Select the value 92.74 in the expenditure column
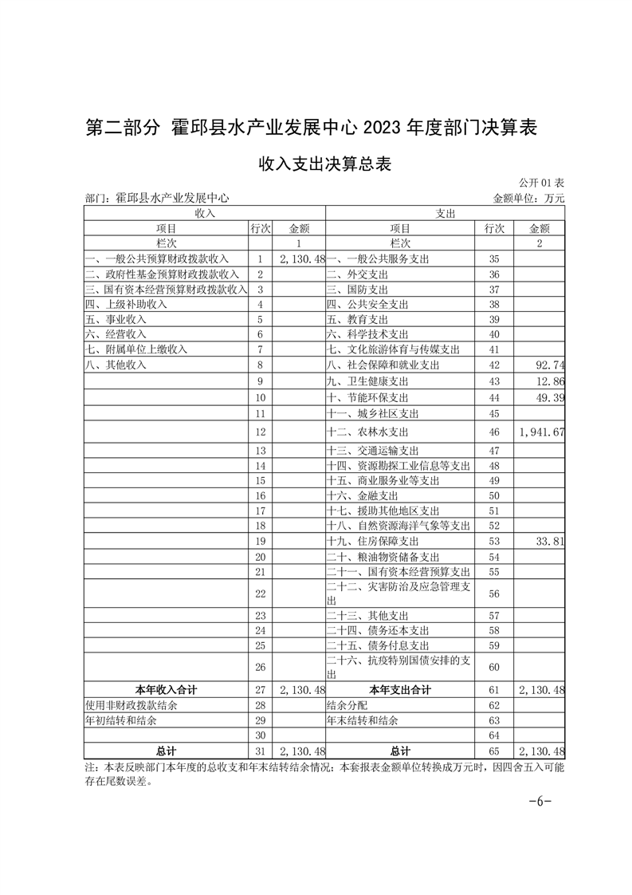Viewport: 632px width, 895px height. (551, 365)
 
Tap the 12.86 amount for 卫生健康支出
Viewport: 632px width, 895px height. (551, 381)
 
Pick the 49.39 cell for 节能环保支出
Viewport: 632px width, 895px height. (551, 397)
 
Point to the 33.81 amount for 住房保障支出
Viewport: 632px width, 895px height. (551, 539)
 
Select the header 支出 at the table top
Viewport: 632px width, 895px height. (445, 214)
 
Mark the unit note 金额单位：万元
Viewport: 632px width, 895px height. (529, 198)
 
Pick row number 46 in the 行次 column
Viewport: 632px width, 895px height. (493, 432)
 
